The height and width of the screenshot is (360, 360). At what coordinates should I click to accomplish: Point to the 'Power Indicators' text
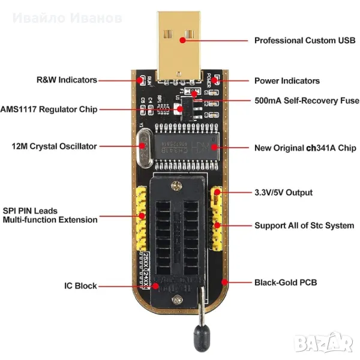click(287, 80)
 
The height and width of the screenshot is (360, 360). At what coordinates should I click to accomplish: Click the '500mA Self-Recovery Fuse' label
click(307, 101)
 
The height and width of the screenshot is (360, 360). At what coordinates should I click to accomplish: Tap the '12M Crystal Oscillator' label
click(54, 146)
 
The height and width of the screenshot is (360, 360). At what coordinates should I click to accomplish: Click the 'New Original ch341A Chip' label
click(305, 147)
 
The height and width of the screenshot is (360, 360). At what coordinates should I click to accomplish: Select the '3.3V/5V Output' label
click(283, 193)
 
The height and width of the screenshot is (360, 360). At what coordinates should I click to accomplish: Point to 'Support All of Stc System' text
click(304, 226)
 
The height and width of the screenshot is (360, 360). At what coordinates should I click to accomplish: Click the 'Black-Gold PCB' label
click(286, 282)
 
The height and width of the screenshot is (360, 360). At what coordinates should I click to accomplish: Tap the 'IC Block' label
click(81, 286)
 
